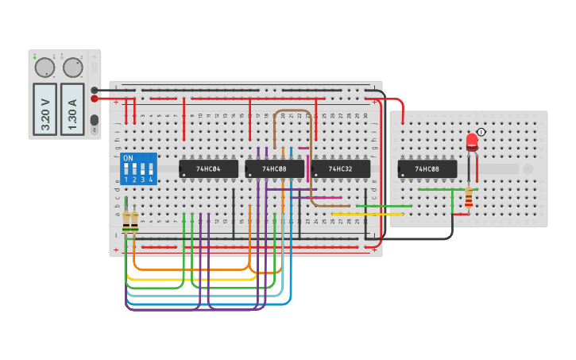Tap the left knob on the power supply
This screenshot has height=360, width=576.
44,67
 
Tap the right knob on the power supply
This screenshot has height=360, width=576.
73,67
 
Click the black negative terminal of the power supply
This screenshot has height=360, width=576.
95,90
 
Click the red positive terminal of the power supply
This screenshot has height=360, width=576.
95,99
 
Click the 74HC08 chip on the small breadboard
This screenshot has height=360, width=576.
427,169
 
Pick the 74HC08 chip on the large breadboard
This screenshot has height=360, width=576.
274,169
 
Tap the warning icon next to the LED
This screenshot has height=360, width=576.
481,132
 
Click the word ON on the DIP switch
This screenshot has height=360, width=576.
128,158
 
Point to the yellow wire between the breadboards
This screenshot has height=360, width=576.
365,214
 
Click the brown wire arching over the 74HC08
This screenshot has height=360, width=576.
292,111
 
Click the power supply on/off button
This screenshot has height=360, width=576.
95,121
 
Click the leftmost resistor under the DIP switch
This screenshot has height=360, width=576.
126,220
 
